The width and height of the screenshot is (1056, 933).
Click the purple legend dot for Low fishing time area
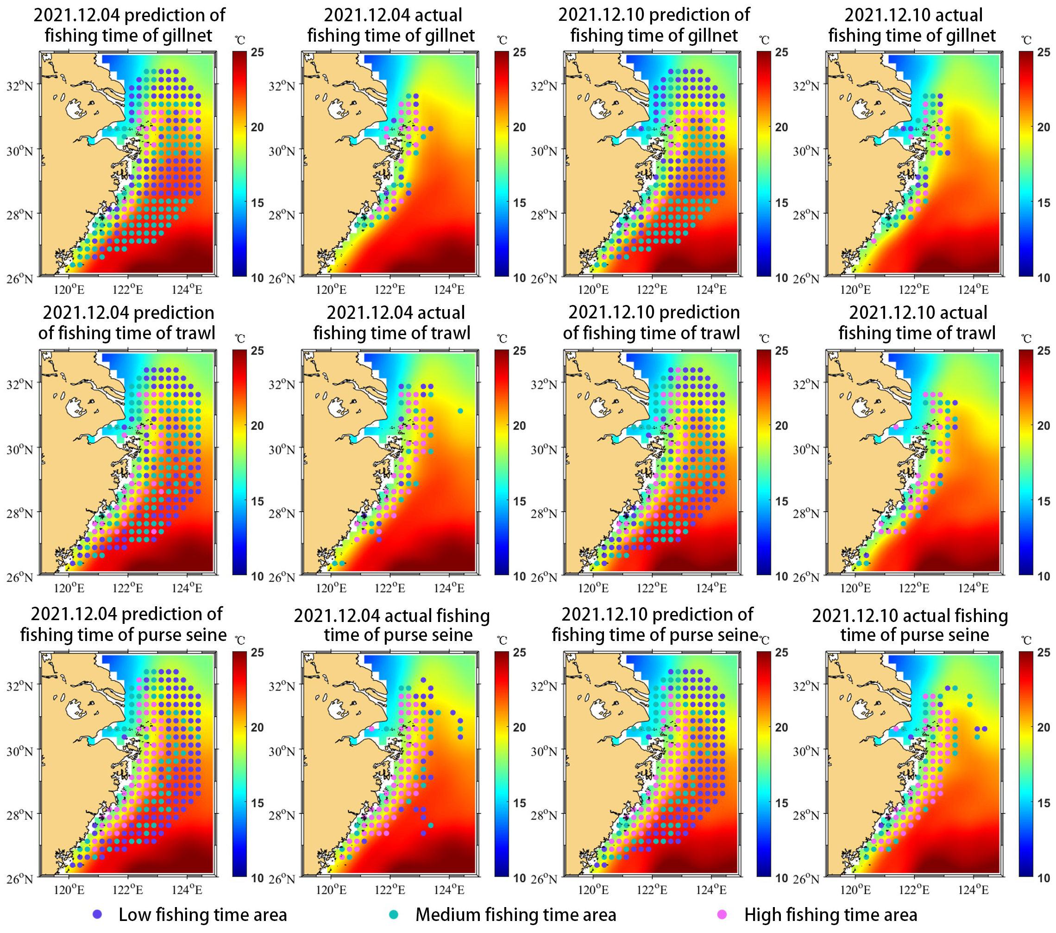pyautogui.click(x=97, y=914)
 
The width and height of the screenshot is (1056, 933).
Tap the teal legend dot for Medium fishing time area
pyautogui.click(x=394, y=914)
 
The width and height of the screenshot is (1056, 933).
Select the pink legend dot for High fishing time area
pyautogui.click(x=722, y=914)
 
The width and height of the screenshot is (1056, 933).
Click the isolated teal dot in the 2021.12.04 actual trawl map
pyautogui.click(x=460, y=411)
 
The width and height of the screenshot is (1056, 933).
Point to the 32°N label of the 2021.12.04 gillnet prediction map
pyautogui.click(x=19, y=86)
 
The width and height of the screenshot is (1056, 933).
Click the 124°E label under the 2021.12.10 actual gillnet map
pyautogui.click(x=974, y=290)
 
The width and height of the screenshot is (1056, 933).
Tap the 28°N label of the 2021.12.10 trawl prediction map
pyautogui.click(x=543, y=514)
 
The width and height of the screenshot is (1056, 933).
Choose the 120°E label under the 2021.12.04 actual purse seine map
pyautogui.click(x=331, y=890)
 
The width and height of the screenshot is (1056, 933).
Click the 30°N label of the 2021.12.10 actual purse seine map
pyautogui.click(x=806, y=751)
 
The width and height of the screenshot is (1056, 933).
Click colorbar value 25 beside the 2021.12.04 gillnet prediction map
pyautogui.click(x=257, y=52)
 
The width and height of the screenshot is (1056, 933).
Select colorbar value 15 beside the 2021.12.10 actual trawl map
pyautogui.click(x=1043, y=501)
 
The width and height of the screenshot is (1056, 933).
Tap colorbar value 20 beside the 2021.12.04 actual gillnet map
pyautogui.click(x=519, y=127)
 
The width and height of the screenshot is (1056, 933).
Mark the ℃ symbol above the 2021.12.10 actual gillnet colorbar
pyautogui.click(x=1026, y=40)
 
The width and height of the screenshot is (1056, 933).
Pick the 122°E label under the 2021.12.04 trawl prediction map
pyautogui.click(x=128, y=588)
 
